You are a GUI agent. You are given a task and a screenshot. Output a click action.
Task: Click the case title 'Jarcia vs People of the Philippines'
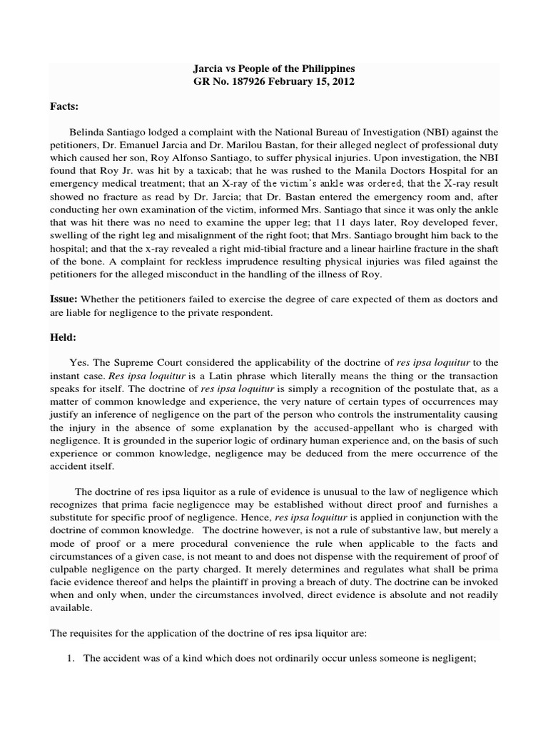[x=274, y=68]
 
